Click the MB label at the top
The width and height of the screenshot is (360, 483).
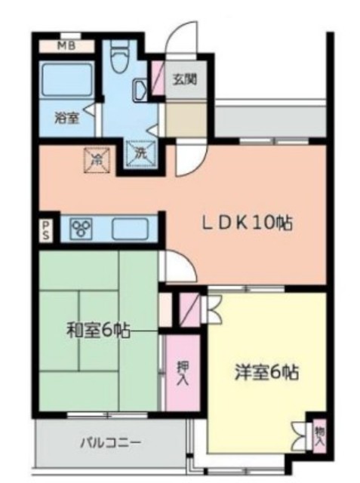pos(66,45)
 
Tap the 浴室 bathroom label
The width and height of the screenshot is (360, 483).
pos(67,117)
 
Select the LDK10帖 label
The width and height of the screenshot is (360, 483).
pos(246,223)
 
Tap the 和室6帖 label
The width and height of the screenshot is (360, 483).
pos(97,330)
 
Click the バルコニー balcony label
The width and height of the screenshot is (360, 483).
pos(111,441)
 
